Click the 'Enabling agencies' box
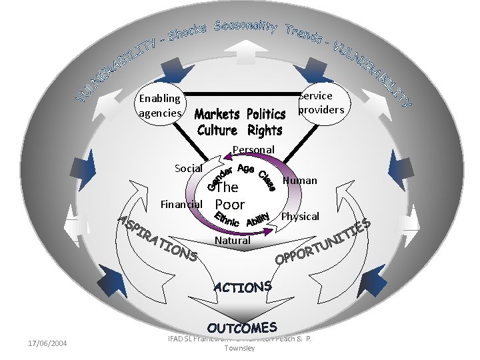pyautogui.click(x=159, y=106)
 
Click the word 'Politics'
pyautogui.click(x=265, y=115)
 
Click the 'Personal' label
pyautogui.click(x=253, y=149)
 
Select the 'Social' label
pyautogui.click(x=188, y=168)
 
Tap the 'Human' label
pyautogui.click(x=300, y=180)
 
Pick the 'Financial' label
pyautogui.click(x=179, y=203)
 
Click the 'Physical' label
pyautogui.click(x=300, y=217)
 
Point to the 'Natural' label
pyautogui.click(x=233, y=240)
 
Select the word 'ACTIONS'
pyautogui.click(x=242, y=287)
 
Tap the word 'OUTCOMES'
pyautogui.click(x=241, y=327)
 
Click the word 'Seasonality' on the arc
pyautogui.click(x=245, y=27)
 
